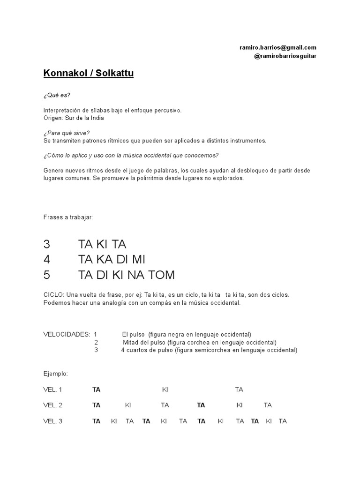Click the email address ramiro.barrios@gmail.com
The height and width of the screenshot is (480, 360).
(277, 47)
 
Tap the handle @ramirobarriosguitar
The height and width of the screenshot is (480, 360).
(285, 56)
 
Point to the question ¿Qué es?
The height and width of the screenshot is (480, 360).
(56, 96)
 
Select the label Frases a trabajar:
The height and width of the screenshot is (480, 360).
(68, 217)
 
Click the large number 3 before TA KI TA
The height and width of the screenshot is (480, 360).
(46, 244)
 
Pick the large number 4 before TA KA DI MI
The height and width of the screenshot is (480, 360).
(46, 259)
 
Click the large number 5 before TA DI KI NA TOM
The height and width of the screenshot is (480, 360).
(46, 274)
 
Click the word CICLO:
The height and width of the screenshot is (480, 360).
(54, 295)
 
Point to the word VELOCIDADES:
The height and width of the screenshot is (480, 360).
(66, 334)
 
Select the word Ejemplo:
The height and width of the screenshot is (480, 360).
(55, 374)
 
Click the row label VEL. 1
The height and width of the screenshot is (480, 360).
(52, 390)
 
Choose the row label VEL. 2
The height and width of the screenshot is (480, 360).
(52, 405)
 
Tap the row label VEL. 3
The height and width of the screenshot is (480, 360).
(52, 421)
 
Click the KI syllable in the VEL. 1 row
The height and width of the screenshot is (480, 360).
(165, 390)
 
